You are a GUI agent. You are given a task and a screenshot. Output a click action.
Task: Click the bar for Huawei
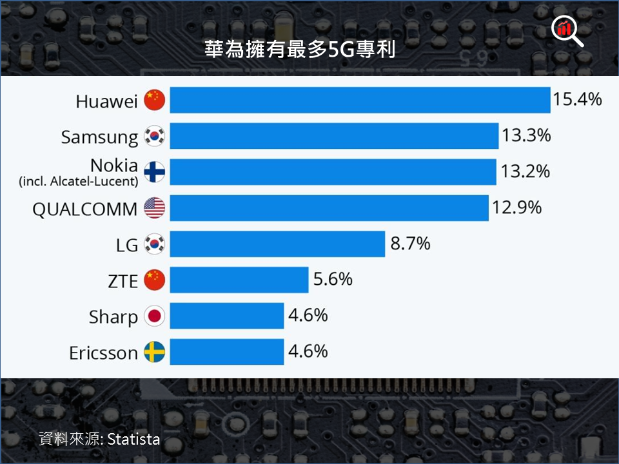(360, 100)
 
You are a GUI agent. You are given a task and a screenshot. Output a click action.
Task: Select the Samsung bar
(334, 136)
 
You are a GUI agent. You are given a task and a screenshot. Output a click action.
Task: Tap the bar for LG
(277, 244)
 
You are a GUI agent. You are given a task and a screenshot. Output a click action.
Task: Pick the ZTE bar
(239, 280)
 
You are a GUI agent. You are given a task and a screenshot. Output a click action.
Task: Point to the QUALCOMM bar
(329, 208)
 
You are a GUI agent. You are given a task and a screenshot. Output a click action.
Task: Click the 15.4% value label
(577, 99)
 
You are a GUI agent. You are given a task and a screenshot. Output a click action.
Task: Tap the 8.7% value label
(410, 244)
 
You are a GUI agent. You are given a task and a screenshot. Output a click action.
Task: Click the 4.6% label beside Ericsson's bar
(308, 351)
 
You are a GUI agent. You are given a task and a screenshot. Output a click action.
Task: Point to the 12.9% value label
(516, 208)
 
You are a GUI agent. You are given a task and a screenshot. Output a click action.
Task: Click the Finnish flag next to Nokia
(155, 172)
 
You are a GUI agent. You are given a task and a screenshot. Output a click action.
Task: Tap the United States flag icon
(155, 208)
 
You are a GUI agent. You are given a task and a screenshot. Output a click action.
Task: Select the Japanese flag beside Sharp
(155, 316)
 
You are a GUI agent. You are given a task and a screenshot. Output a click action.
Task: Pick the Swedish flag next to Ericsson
(155, 353)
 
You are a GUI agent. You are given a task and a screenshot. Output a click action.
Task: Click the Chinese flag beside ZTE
(155, 280)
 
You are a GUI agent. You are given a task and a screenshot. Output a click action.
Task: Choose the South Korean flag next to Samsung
(155, 136)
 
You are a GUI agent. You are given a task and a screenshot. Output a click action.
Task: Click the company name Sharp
(113, 317)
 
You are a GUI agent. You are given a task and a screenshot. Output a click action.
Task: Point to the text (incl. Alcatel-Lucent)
(79, 182)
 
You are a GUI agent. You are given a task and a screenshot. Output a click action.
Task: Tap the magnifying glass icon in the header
(567, 30)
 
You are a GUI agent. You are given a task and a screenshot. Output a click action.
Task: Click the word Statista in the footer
(133, 440)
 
